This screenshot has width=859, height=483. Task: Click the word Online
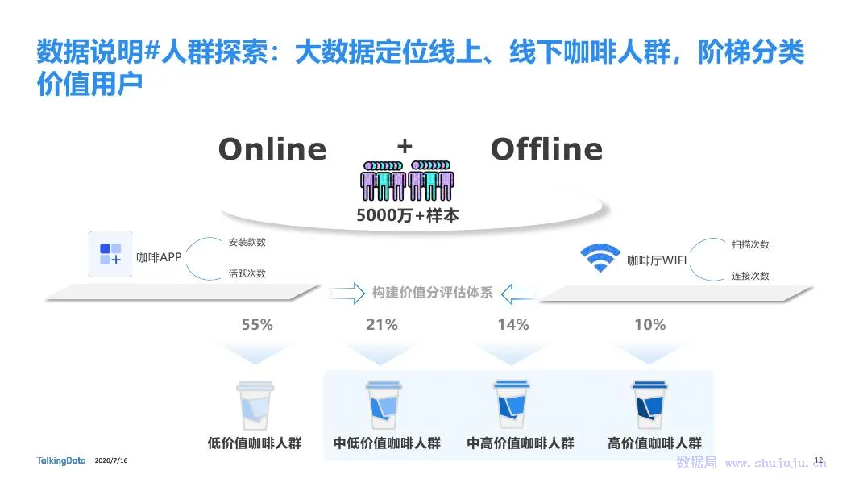point(272,149)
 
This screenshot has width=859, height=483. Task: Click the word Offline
point(546,149)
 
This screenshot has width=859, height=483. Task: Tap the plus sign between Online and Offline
point(405,146)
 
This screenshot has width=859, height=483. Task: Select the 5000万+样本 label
point(407,215)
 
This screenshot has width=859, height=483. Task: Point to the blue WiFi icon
point(600,257)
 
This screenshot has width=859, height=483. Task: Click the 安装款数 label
point(247,242)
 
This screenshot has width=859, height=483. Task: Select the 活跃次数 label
point(247,273)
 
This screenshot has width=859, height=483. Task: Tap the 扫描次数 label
point(750,244)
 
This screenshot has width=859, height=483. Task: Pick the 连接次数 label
point(750,276)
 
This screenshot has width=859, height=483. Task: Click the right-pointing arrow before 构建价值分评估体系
point(347,293)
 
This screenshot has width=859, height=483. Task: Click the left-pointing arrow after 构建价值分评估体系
point(517,293)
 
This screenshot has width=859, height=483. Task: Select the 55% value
point(257,325)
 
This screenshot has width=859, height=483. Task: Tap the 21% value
point(382,325)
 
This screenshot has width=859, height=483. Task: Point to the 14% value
point(512,325)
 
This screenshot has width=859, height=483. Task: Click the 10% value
point(649,325)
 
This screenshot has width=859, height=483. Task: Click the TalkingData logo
point(61,460)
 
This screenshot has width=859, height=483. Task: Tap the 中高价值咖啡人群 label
point(521,443)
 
